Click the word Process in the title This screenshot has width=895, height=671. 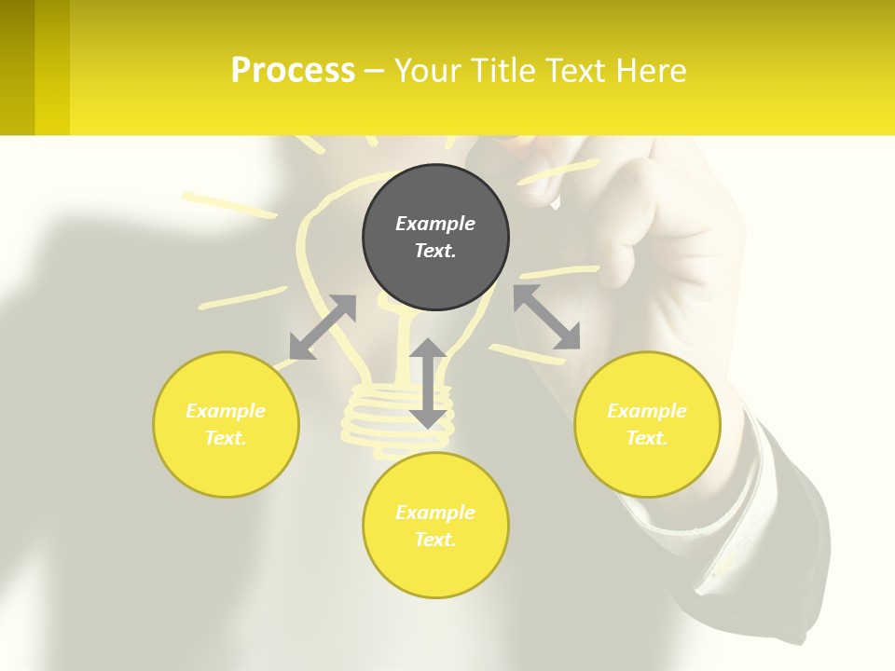(293, 71)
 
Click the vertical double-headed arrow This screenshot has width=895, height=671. (428, 383)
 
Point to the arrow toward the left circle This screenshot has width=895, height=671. (323, 327)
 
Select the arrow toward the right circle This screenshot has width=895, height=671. (546, 317)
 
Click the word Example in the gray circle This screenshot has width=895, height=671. (435, 224)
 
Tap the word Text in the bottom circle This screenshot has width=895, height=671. (435, 540)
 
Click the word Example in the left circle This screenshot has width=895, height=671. (226, 411)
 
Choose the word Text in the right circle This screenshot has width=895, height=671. (647, 438)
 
